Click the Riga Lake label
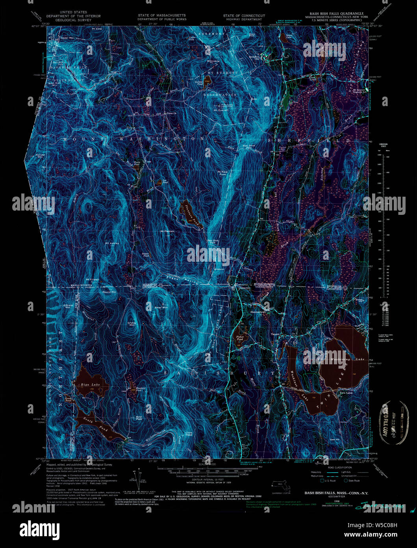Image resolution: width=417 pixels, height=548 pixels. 89,384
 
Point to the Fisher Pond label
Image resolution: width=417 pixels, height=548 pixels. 240,337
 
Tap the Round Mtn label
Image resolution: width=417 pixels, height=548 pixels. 109,292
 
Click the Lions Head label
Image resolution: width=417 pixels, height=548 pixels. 189,433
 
